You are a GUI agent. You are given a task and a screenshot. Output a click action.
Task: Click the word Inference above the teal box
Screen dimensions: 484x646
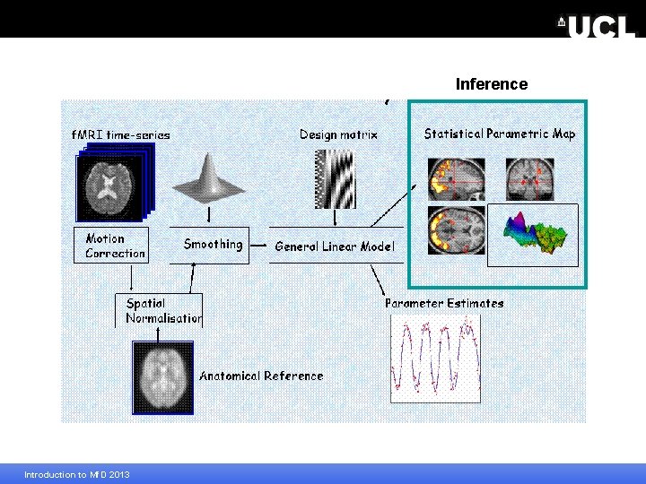491,84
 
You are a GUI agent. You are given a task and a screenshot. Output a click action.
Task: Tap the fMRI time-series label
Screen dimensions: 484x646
120,134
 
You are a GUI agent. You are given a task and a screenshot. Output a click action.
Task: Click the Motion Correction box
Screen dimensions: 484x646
109,246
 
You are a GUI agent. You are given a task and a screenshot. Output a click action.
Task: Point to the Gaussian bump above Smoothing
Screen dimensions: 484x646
209,178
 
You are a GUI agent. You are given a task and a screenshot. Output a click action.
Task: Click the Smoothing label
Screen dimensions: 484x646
213,244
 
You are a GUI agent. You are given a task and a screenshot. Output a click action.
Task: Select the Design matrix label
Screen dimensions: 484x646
338,134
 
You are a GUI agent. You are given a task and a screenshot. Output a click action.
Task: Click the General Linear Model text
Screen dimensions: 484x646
334,246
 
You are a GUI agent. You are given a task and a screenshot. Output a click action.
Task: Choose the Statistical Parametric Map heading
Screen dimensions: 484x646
500,134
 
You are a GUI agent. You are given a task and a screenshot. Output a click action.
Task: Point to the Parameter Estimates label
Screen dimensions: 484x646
444,303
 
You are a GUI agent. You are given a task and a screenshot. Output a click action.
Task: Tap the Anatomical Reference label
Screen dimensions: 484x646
261,376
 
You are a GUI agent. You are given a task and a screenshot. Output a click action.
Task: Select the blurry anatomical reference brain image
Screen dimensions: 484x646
163,377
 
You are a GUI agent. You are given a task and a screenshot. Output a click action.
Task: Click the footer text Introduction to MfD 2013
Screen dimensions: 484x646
76,474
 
